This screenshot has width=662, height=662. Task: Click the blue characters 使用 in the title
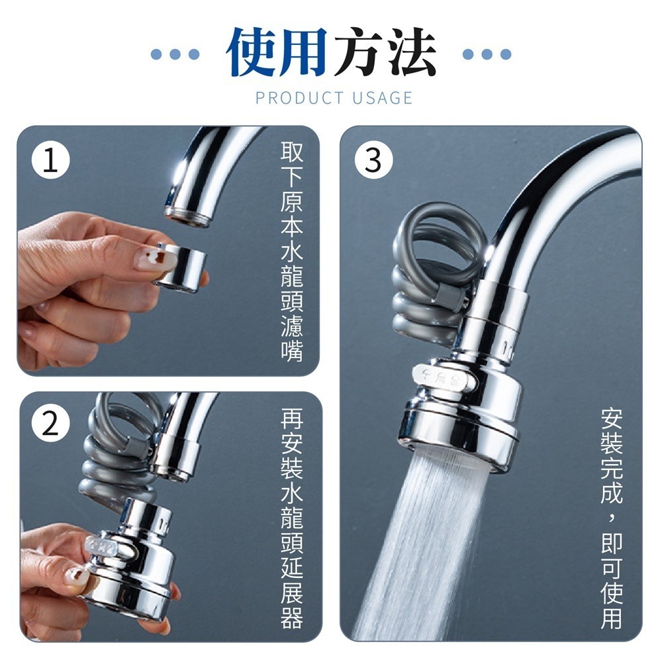click(x=277, y=53)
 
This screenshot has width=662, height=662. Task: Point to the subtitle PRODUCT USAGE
click(x=334, y=99)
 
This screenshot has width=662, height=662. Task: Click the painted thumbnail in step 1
click(x=152, y=257)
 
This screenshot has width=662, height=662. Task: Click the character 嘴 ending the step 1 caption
click(x=292, y=350)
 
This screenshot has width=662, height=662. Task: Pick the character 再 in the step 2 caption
click(x=292, y=419)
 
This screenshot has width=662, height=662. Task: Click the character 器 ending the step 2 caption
click(x=292, y=617)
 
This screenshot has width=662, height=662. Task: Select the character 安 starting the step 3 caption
click(x=612, y=419)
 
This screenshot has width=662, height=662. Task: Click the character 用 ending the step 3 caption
click(x=612, y=617)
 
